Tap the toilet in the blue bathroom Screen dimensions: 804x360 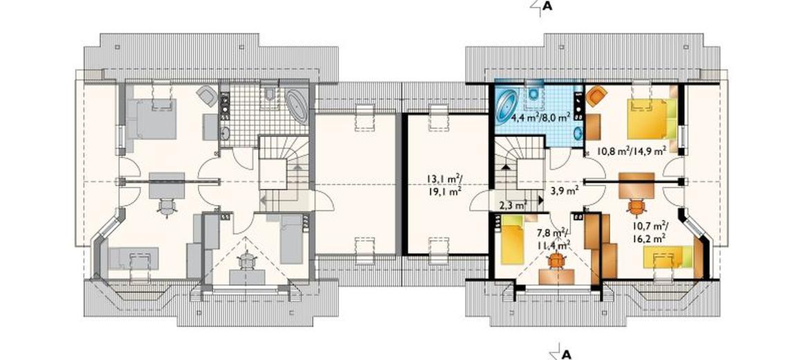point(535,92)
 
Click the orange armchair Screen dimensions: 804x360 point(596,96)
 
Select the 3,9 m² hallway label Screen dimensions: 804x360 point(565,190)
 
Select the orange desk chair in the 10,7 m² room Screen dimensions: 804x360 point(637,207)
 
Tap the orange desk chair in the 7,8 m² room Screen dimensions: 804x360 point(556,262)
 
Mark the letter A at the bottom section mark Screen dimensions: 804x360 point(567,354)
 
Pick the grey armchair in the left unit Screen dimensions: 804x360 point(207,96)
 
